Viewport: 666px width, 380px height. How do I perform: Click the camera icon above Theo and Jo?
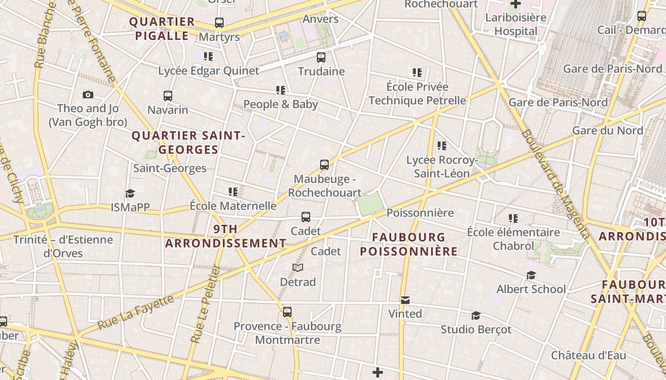[x=88, y=95]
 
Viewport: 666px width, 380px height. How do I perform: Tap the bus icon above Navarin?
[x=167, y=96]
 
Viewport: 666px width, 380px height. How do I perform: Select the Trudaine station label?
[x=321, y=71]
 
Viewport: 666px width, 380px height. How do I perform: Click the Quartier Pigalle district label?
[x=162, y=28]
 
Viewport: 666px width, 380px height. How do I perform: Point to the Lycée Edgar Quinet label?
[x=209, y=71]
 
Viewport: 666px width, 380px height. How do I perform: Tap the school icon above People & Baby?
[x=280, y=90]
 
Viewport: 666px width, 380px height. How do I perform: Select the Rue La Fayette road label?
[x=136, y=312]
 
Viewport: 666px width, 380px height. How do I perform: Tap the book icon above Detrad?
[x=298, y=268]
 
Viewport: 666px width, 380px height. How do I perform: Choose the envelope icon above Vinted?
[x=405, y=300]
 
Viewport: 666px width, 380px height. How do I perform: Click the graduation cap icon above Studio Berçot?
[x=476, y=315]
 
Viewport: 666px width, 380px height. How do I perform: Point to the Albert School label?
[x=531, y=289]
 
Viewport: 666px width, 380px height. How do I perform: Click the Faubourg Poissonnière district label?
[x=409, y=244]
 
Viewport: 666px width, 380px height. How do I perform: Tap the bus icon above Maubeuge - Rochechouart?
[x=324, y=165]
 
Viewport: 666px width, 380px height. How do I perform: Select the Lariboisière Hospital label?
[x=516, y=25]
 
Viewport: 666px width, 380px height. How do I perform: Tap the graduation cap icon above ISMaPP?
[x=130, y=193]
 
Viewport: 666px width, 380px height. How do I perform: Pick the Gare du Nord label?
[x=607, y=130]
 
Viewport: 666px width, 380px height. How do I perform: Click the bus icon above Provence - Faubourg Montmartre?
[x=287, y=312]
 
